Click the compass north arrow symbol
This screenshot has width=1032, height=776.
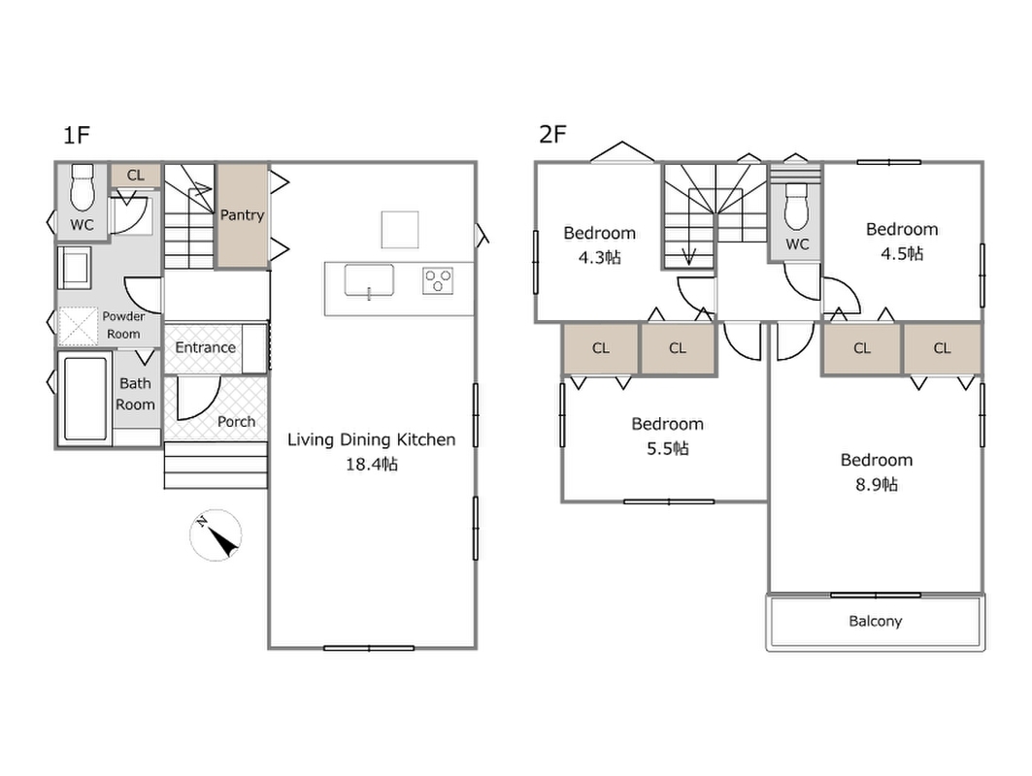point(216,534)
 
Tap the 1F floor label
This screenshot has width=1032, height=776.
point(76,135)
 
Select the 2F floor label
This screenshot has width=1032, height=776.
point(552,134)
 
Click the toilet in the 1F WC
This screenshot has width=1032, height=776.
point(83,187)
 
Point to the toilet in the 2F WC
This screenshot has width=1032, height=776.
point(796,206)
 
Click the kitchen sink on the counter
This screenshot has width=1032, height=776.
point(369,280)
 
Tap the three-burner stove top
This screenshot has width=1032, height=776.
point(438,280)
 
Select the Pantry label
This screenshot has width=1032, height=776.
point(242,215)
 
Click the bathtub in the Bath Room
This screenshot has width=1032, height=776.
point(84,398)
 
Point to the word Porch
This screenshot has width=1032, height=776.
point(236,422)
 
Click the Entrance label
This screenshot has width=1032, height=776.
point(206,347)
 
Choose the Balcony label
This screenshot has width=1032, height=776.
point(876,622)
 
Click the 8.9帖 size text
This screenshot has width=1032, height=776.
point(877,485)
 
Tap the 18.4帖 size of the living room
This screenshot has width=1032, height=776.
point(372,465)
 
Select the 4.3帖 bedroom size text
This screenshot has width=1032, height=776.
point(600,257)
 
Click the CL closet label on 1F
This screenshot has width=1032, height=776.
point(136,175)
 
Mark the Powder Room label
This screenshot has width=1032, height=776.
point(123,325)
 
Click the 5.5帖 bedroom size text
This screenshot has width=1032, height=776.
point(668,448)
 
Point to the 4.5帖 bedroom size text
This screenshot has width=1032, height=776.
point(902,253)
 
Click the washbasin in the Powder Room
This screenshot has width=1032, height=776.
point(75,268)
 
